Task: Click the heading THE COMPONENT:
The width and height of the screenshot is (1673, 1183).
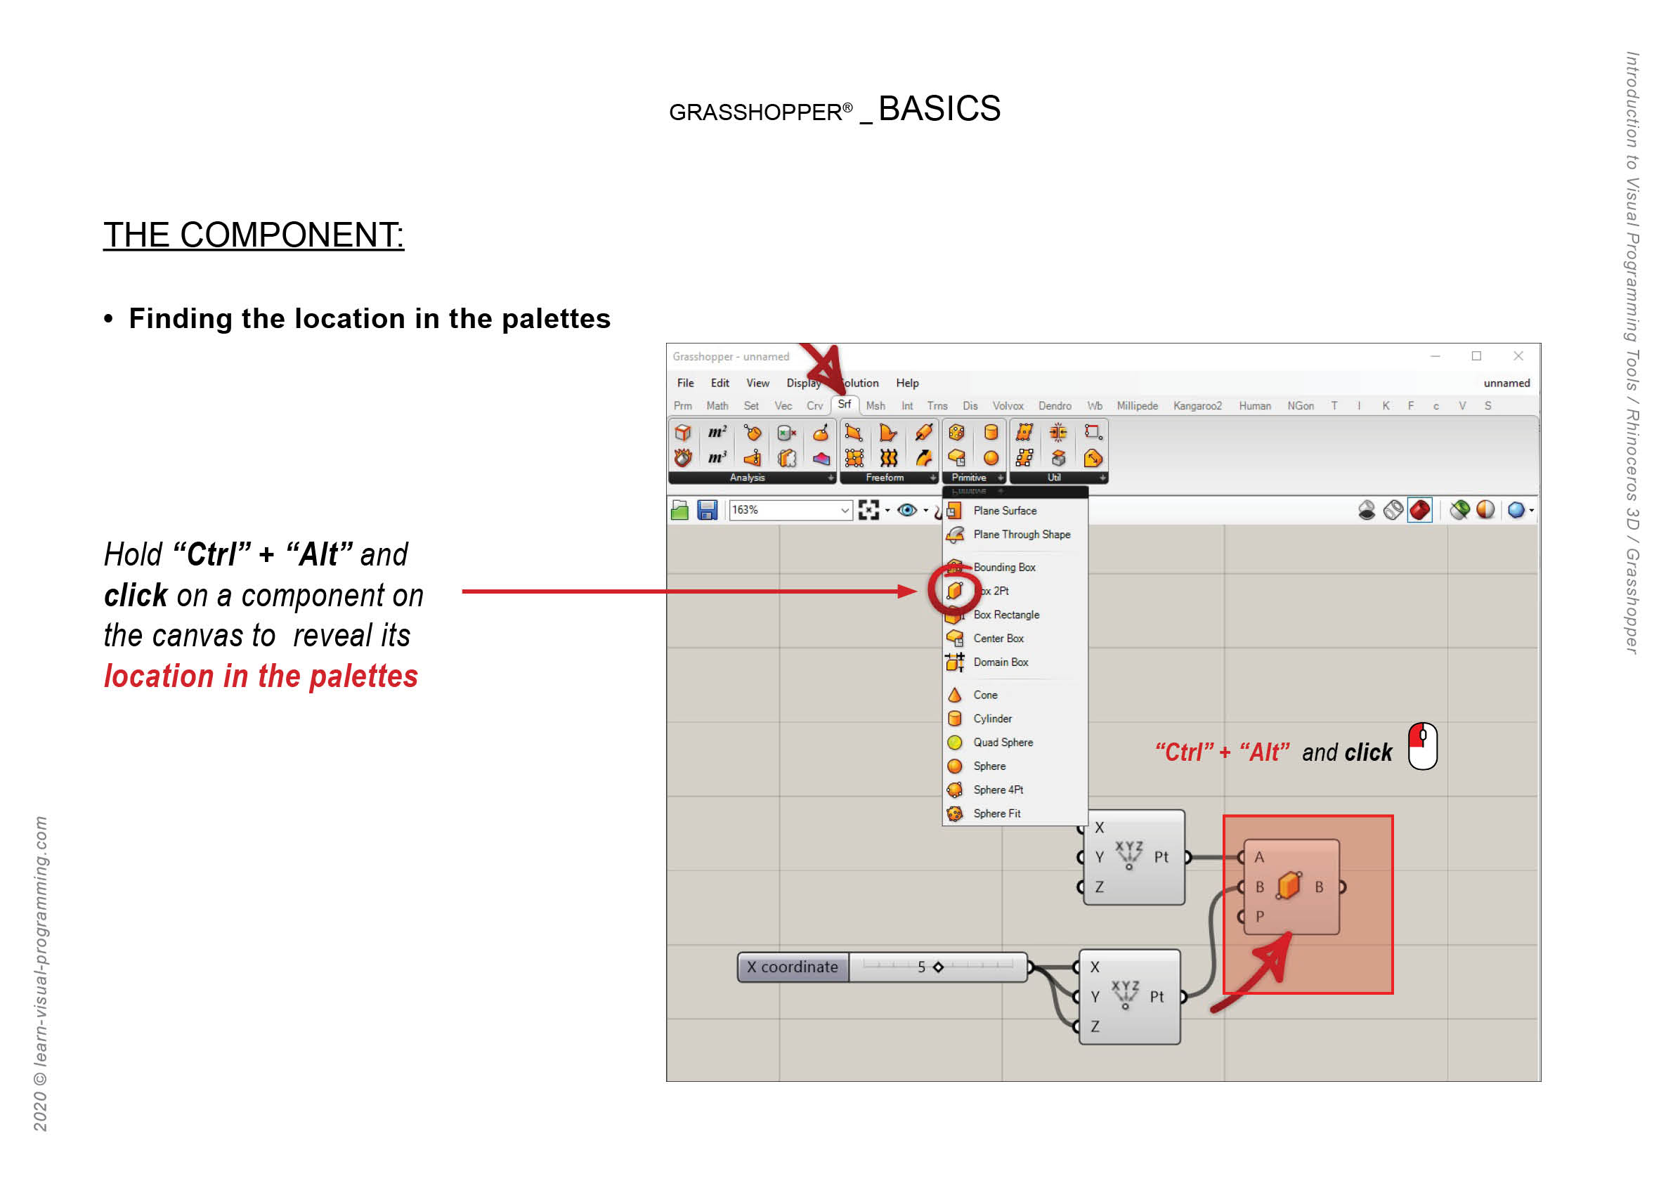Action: tap(253, 235)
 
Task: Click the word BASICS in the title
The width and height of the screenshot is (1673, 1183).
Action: tap(939, 110)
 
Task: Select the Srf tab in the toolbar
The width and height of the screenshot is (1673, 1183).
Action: tap(844, 405)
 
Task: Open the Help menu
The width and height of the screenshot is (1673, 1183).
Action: tap(907, 383)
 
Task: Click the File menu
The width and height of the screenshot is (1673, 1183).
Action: tap(685, 383)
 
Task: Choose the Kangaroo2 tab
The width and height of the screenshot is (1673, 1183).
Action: tap(1197, 406)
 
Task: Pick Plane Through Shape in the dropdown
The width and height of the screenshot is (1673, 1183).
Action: tap(1021, 535)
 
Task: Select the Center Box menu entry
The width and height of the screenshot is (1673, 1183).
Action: tap(998, 639)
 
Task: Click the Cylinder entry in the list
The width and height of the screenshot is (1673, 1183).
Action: tap(991, 719)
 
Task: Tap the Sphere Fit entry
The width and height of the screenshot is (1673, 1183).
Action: tap(996, 813)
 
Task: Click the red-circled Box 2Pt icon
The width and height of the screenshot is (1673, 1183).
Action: tap(954, 591)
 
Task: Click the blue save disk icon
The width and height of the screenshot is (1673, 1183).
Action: tap(707, 510)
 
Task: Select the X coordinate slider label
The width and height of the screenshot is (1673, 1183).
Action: tap(792, 967)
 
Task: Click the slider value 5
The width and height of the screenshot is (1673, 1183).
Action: tap(921, 967)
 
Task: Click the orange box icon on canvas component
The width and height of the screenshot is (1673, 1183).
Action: tap(1288, 887)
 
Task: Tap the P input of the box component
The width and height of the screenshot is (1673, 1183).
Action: tap(1258, 916)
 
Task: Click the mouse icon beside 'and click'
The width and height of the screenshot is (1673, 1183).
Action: tap(1421, 746)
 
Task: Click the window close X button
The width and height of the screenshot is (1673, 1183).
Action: tap(1518, 356)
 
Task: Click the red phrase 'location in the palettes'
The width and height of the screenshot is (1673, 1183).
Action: tap(261, 677)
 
